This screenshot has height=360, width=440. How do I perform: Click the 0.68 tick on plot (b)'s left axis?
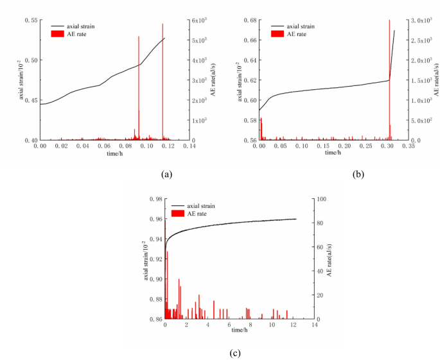click(251, 21)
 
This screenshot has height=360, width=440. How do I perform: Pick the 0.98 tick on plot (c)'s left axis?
click(155, 200)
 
